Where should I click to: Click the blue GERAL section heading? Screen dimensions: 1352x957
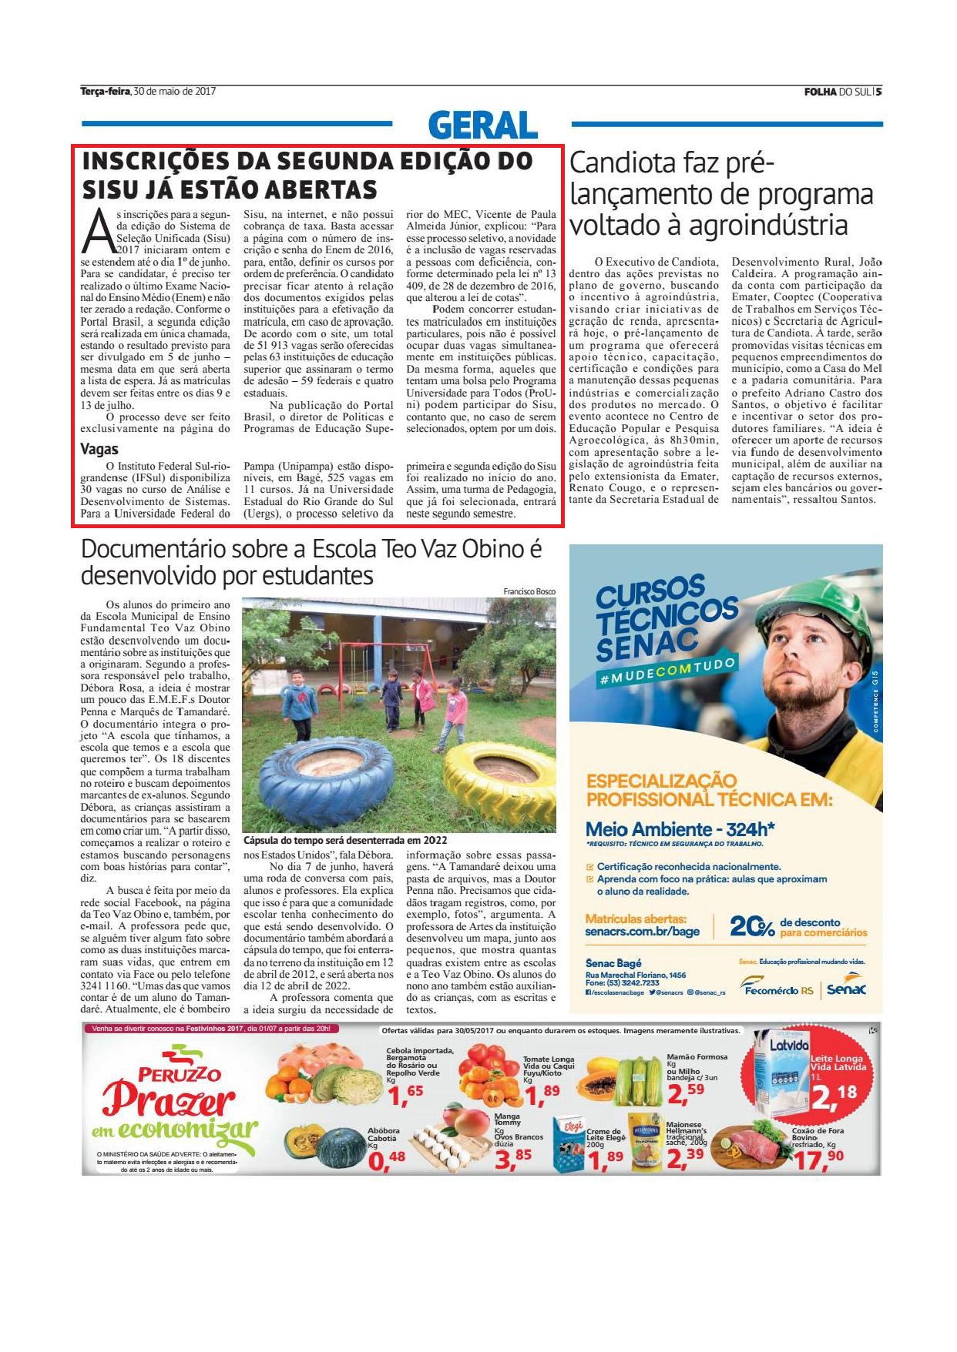tap(482, 125)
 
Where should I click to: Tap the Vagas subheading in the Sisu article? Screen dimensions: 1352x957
tap(99, 449)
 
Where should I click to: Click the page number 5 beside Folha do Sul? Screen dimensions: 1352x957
tap(878, 91)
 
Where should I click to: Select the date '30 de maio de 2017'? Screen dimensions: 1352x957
tap(174, 91)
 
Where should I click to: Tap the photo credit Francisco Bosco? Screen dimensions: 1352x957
tap(529, 591)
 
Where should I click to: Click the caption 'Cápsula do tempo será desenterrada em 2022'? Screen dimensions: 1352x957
tap(345, 840)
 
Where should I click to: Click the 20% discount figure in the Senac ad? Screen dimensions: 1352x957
tap(751, 926)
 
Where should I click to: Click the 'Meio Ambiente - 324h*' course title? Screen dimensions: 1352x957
tap(680, 828)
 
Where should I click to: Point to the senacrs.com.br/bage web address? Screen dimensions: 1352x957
tap(642, 931)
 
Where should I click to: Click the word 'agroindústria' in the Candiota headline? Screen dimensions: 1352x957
tap(767, 225)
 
